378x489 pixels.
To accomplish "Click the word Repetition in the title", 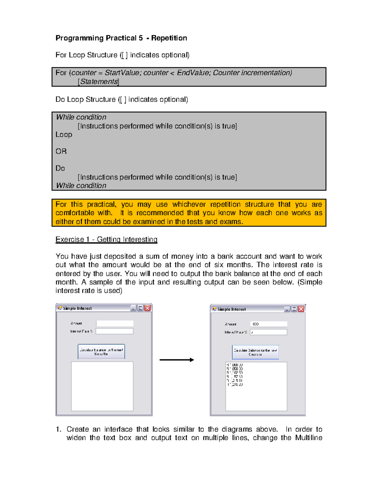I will coord(169,38).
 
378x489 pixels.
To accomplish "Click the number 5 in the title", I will coord(140,38).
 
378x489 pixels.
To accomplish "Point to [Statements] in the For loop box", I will coord(99,82).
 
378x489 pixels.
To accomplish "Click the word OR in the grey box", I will coord(61,151).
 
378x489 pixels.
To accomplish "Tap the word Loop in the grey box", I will coord(64,134).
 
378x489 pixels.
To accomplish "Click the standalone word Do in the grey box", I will coord(60,168).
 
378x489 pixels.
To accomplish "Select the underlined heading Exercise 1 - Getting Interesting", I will coord(106,239).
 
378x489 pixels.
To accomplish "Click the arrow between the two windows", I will coord(176,360).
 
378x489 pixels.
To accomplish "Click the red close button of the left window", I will coord(147,308).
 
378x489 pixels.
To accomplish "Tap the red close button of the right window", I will coord(301,309).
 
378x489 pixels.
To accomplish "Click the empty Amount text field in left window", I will coord(115,323).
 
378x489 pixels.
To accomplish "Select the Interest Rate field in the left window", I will coord(114,331).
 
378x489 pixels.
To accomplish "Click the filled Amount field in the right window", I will coord(269,324).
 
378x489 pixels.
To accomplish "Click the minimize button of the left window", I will coord(133,308).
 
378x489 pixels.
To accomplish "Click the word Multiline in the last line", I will coord(308,438).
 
